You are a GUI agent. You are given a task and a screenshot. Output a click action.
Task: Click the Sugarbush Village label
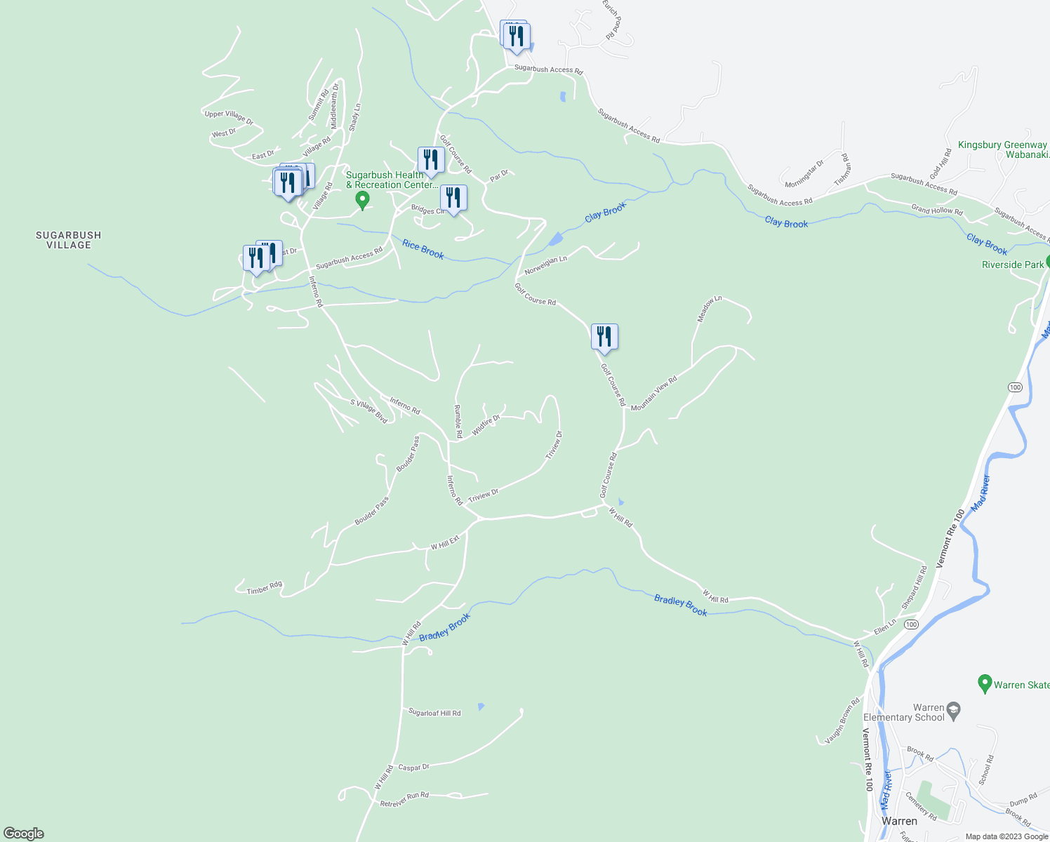69,240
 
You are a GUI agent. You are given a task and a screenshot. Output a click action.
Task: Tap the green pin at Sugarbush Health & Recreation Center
362,200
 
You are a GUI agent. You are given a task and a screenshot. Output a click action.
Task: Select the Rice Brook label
423,249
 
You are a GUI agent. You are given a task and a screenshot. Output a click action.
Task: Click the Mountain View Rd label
653,394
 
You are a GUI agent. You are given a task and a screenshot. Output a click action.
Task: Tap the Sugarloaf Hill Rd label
434,713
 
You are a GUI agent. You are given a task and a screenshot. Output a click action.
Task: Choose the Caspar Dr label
413,768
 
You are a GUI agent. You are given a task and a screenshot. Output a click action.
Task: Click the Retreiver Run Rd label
404,799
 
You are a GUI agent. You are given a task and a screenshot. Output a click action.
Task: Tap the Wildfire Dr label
486,425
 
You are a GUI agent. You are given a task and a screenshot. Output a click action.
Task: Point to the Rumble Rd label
458,417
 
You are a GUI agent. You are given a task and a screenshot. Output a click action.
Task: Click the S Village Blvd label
369,411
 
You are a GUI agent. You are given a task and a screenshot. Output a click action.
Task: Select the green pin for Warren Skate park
985,683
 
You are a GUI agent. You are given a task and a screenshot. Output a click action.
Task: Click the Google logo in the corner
24,834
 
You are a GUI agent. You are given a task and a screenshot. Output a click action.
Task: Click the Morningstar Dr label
804,173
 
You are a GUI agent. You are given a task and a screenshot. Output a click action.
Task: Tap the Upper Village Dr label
229,116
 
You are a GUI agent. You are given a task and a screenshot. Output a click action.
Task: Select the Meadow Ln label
709,309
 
